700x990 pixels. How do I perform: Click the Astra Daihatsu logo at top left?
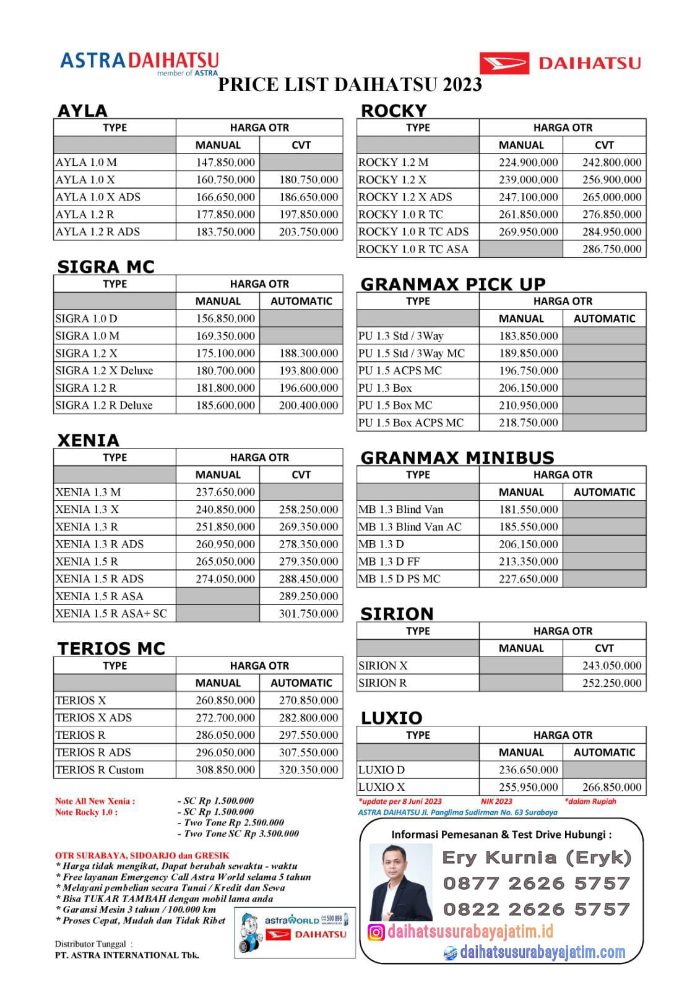139,62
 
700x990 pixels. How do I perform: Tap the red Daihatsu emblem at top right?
504,63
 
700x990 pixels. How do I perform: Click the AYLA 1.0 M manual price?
218,162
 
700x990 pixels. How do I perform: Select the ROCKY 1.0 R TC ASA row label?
413,249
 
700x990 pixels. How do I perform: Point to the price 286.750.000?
611,249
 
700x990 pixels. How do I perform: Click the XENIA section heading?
88,440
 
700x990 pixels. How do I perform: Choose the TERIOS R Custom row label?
99,770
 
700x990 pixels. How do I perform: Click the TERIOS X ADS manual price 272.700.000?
225,718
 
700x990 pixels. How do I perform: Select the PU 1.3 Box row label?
385,388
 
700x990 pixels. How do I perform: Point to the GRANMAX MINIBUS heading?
457,457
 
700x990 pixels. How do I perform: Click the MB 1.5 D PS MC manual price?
528,579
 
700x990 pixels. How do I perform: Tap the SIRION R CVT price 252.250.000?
611,683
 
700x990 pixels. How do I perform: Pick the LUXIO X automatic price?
611,787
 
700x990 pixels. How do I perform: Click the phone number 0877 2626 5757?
536,883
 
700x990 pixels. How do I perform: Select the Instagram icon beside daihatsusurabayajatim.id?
376,932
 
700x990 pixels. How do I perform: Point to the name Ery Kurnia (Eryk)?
536,858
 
